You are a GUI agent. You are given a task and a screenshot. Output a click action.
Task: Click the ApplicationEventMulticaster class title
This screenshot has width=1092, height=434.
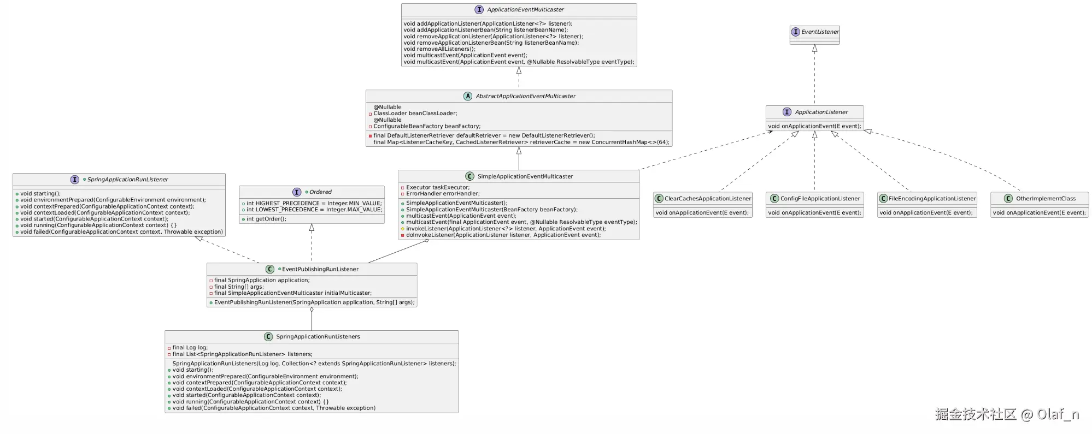coord(525,10)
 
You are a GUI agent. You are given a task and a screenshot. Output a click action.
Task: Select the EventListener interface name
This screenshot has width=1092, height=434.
coord(820,32)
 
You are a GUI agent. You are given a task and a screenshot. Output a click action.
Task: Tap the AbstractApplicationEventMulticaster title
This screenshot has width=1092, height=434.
coord(525,96)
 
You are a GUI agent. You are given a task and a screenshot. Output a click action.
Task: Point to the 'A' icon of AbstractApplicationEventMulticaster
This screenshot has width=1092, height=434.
coord(467,96)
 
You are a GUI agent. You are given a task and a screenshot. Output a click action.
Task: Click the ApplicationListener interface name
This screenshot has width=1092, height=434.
coord(821,112)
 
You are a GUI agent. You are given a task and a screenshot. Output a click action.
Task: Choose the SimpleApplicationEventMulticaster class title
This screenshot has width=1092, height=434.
coord(525,176)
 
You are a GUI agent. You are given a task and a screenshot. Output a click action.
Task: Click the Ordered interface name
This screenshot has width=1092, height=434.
coord(320,192)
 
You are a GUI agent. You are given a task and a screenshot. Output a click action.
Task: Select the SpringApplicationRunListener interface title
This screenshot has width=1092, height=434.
coord(128,180)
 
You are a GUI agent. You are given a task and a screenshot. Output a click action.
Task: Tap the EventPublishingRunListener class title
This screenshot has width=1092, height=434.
coord(320,269)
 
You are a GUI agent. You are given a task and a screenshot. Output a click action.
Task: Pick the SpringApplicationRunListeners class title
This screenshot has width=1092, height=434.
coord(318,337)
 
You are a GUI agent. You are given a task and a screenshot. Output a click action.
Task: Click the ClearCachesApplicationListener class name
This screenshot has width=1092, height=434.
coord(708,199)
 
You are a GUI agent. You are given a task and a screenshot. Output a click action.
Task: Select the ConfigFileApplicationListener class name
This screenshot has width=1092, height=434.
coord(820,199)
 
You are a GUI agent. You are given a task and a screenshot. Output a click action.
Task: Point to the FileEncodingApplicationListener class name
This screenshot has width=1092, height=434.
coord(932,199)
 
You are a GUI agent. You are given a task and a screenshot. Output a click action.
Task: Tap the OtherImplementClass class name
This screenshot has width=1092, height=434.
coord(1046,199)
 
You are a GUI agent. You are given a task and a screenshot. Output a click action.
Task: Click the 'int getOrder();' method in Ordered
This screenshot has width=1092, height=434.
coord(266,219)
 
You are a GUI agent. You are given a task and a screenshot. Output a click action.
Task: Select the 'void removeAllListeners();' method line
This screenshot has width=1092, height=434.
coord(439,49)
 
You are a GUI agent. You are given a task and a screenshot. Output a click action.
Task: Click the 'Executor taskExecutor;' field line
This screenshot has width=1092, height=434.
coord(438,187)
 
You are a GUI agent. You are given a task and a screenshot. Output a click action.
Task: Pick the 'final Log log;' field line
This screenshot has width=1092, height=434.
coord(190,348)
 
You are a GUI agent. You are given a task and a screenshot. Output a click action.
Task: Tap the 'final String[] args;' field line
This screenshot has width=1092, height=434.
coord(239,287)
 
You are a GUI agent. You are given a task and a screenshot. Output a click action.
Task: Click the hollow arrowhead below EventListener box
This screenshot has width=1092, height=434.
coord(814,48)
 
